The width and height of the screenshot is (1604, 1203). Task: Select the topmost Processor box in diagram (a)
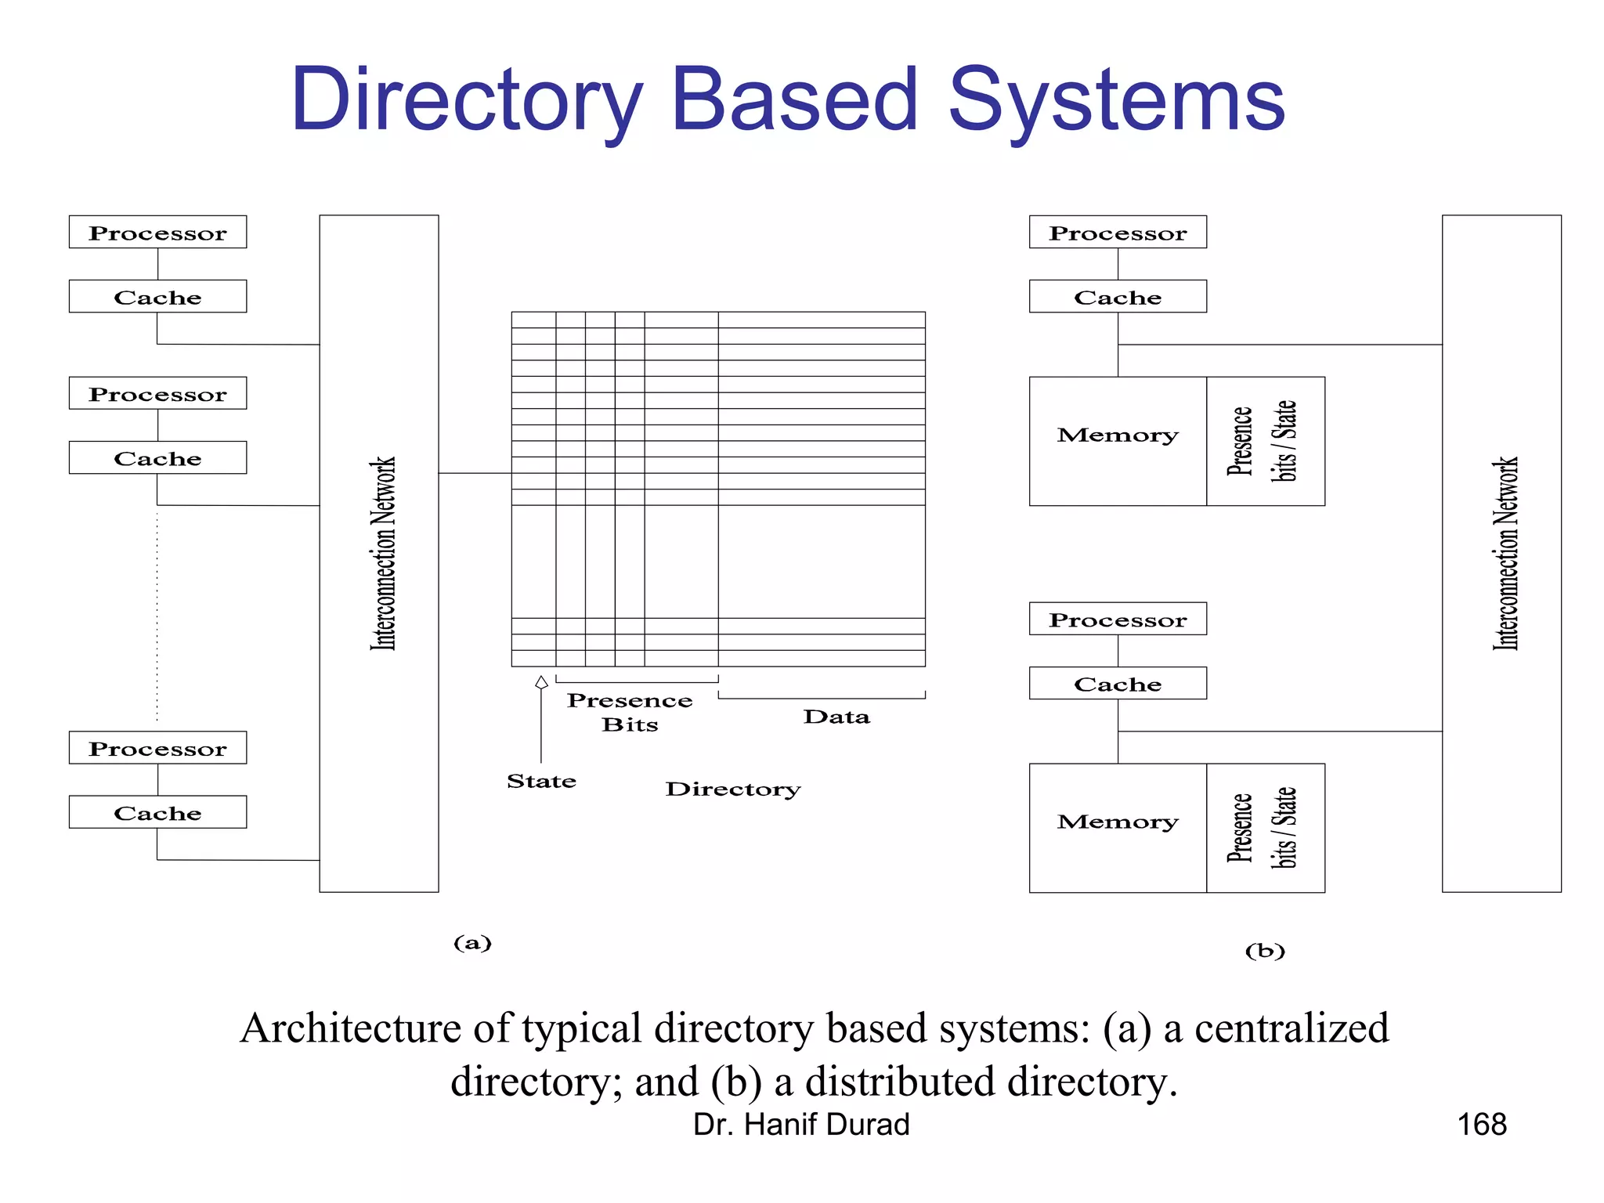click(157, 233)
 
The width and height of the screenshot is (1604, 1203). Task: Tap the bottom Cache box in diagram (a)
click(157, 812)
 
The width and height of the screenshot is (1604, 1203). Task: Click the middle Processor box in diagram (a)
click(157, 393)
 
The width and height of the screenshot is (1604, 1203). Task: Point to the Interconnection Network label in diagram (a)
click(382, 553)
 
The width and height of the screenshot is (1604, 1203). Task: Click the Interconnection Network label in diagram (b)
click(1505, 553)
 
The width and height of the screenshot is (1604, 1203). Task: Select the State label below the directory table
click(541, 781)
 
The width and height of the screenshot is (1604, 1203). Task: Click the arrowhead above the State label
click(541, 682)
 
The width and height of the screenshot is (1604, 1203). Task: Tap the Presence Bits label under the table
click(630, 712)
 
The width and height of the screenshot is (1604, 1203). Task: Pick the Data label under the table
click(836, 717)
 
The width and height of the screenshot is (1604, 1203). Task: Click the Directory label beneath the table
click(733, 789)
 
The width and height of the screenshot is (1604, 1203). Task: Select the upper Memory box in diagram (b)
click(1118, 441)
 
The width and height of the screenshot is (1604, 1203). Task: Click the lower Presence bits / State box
click(1265, 828)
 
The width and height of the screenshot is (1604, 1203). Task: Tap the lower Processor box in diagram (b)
click(1118, 619)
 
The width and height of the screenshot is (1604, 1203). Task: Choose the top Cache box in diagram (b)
click(1118, 297)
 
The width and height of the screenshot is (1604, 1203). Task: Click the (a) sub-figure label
click(472, 942)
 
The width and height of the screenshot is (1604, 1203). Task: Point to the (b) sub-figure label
click(1265, 951)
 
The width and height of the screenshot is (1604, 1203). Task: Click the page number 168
click(1481, 1125)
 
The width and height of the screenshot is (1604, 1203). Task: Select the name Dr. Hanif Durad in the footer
click(801, 1125)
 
